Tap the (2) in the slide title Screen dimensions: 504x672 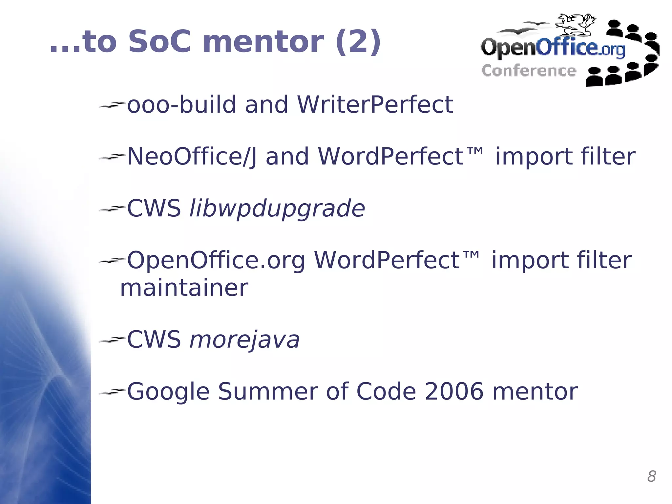(358, 42)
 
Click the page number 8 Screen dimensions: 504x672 (651, 476)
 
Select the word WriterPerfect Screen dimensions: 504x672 (375, 105)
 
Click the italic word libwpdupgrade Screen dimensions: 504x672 (277, 209)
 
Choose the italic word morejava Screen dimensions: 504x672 (245, 340)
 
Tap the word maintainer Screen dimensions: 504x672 (184, 288)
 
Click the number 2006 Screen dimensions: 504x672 (454, 391)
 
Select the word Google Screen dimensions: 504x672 (168, 391)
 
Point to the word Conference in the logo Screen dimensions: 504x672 (529, 71)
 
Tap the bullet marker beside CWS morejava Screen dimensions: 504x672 (112, 340)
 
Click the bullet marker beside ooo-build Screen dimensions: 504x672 (112, 105)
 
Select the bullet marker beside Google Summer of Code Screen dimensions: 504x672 (112, 391)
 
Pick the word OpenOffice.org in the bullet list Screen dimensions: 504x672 (216, 260)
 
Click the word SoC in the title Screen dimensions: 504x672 (159, 42)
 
